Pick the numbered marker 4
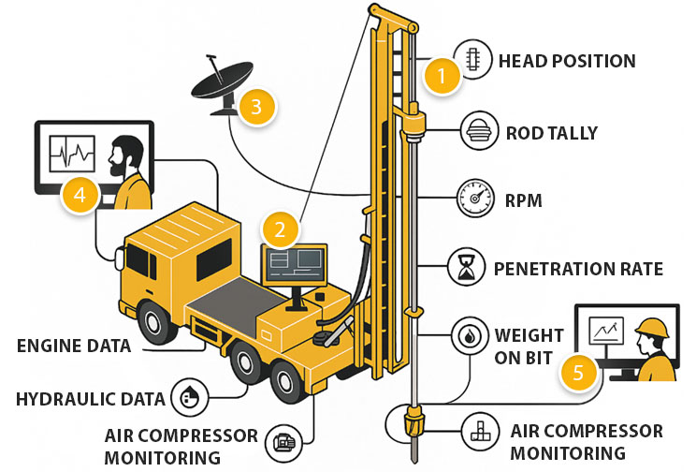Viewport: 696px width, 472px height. pos(80,194)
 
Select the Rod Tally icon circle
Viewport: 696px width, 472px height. pos(472,133)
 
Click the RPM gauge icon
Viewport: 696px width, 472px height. pos(472,199)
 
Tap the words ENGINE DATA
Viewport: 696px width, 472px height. pos(73,346)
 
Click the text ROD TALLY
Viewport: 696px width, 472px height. pos(551,133)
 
